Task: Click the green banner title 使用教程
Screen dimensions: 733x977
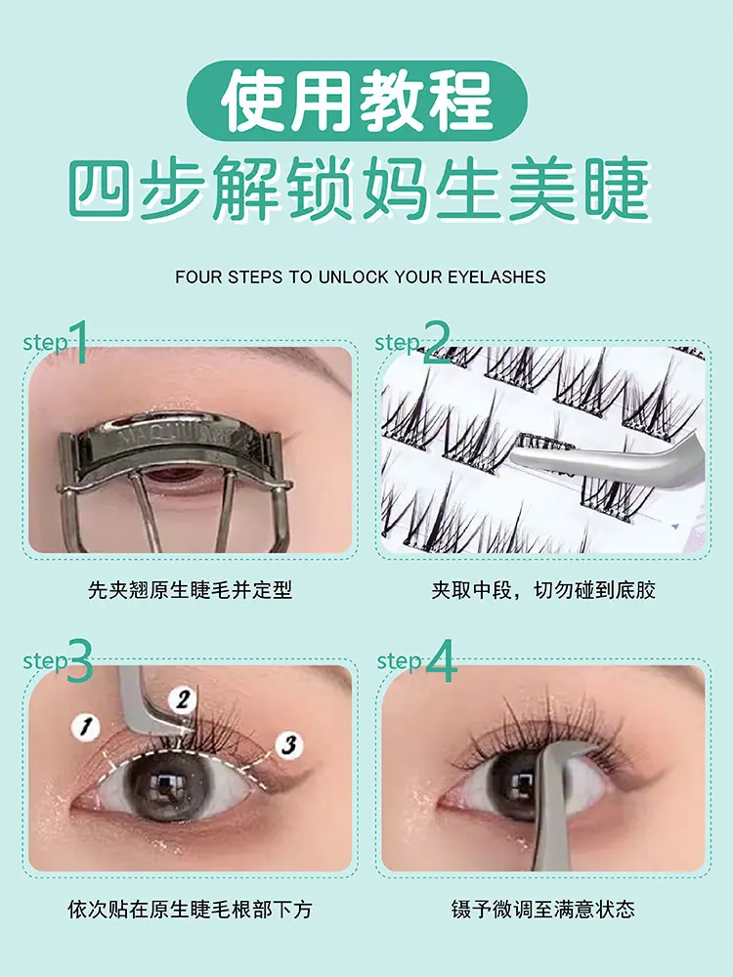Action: (x=358, y=101)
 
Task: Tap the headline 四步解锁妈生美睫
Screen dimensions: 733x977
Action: (x=360, y=189)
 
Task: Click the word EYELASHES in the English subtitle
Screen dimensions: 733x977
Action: (x=496, y=276)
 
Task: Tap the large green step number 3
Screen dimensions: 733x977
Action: (x=79, y=660)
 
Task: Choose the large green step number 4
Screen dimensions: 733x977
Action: (x=441, y=660)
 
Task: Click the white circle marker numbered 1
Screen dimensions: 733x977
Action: (x=85, y=727)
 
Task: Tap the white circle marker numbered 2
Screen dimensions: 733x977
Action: (x=183, y=700)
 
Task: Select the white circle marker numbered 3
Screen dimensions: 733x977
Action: (x=288, y=744)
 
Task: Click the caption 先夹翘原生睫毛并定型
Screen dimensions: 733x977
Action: (x=190, y=589)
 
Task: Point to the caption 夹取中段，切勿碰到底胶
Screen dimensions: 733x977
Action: (x=543, y=589)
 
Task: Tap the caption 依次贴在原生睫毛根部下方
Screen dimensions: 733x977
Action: (x=190, y=910)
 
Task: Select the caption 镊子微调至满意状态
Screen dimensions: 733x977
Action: (x=543, y=910)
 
